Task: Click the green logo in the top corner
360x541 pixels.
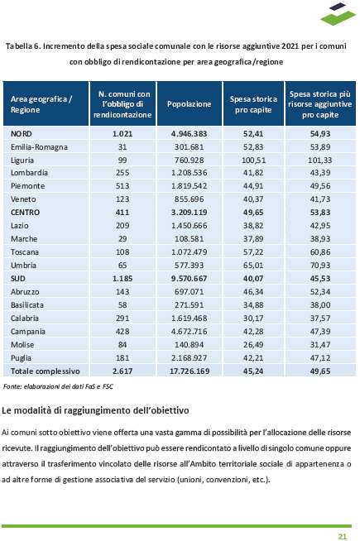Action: pyautogui.click(x=338, y=14)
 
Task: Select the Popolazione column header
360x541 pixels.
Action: pyautogui.click(x=190, y=104)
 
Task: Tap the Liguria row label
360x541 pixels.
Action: pyautogui.click(x=22, y=160)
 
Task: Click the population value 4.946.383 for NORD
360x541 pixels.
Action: pyautogui.click(x=190, y=133)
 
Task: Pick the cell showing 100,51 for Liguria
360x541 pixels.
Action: pyautogui.click(x=253, y=160)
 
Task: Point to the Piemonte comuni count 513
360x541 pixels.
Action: pyautogui.click(x=122, y=186)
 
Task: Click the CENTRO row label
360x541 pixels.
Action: pyautogui.click(x=25, y=213)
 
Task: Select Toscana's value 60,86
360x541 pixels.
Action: pyautogui.click(x=320, y=251)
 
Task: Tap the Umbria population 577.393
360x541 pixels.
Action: pyautogui.click(x=190, y=266)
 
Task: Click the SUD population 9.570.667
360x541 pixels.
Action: pyautogui.click(x=190, y=279)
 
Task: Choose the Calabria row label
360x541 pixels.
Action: pyautogui.click(x=25, y=318)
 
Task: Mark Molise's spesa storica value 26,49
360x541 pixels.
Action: pyautogui.click(x=253, y=345)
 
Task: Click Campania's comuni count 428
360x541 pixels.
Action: pyautogui.click(x=122, y=332)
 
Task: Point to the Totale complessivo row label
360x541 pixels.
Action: pyautogui.click(x=46, y=371)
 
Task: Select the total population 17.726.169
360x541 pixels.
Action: pyautogui.click(x=190, y=371)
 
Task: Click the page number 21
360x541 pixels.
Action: pyautogui.click(x=342, y=536)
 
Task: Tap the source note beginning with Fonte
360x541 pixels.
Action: pyautogui.click(x=58, y=386)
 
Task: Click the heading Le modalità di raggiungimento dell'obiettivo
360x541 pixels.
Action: pyautogui.click(x=95, y=410)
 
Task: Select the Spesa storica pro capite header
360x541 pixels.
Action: pyautogui.click(x=253, y=104)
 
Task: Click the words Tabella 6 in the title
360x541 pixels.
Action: pyautogui.click(x=23, y=45)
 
